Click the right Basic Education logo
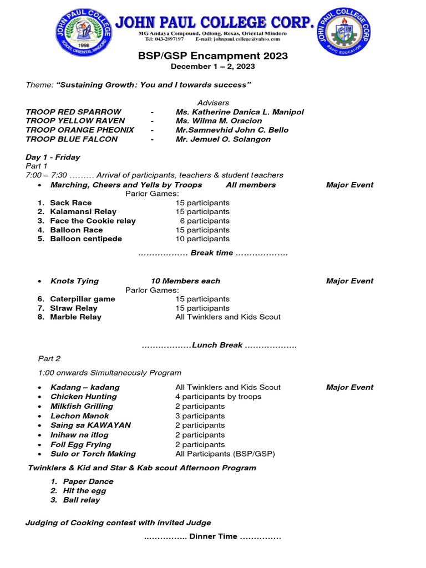[343, 31]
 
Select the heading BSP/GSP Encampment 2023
[213, 56]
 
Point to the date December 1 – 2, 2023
[213, 66]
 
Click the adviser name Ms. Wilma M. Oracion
[219, 121]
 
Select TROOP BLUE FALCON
[72, 139]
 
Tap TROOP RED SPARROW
[73, 112]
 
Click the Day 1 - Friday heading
[53, 157]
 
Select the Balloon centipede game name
[86, 239]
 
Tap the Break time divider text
[212, 253]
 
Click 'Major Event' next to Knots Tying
[349, 281]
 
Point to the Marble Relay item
[75, 317]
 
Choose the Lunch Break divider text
[219, 345]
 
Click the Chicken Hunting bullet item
[83, 397]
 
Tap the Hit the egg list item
[84, 490]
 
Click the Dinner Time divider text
[212, 536]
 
